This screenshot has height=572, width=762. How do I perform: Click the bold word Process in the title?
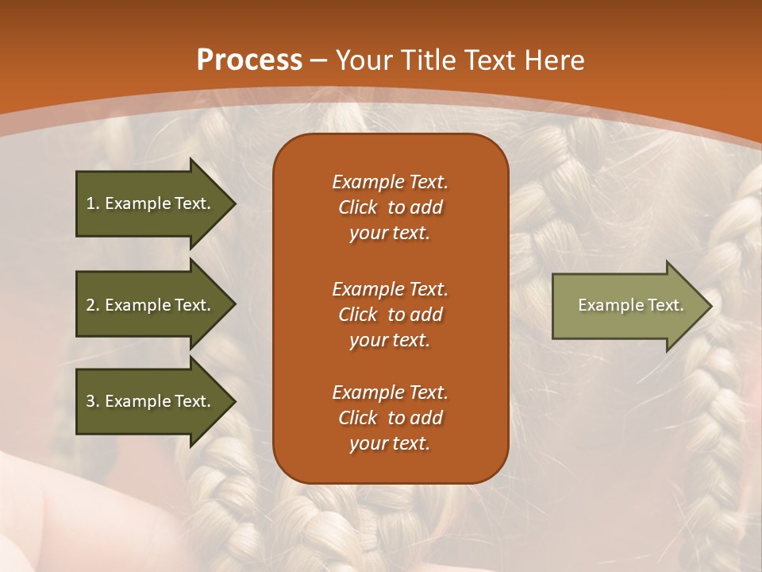coord(249,60)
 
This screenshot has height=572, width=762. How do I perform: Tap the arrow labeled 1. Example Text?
coord(151,203)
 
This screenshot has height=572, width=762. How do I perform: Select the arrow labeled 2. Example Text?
coord(151,305)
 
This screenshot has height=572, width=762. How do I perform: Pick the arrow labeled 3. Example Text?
coord(151,401)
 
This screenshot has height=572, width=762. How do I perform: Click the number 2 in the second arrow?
coord(91,305)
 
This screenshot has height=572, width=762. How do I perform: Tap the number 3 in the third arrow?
coord(91,401)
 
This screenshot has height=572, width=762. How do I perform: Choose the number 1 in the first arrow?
coord(91,203)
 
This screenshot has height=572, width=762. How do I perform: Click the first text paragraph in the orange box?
coord(390,207)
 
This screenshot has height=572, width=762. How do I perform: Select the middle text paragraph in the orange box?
coord(390,315)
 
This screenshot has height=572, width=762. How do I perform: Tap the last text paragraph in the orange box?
coord(390,418)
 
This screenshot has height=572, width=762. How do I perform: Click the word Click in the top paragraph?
coord(358,208)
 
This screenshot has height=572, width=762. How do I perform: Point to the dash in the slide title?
coord(319,61)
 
